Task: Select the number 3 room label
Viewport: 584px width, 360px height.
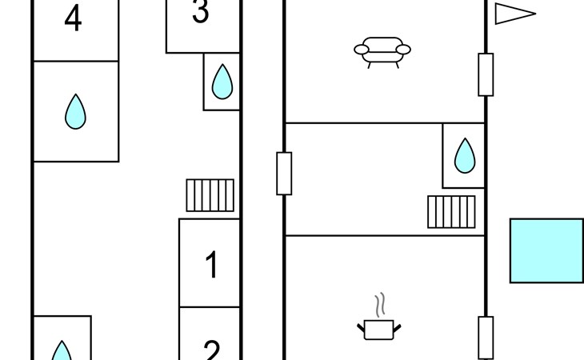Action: (201, 13)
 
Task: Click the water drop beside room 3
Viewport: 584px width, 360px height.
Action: (222, 81)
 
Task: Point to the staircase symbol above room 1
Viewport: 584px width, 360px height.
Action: (210, 195)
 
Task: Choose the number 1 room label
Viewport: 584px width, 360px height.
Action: (211, 265)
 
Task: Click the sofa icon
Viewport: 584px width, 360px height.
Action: (382, 50)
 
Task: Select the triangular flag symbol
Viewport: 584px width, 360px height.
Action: (512, 14)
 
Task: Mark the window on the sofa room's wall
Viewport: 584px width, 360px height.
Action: (486, 74)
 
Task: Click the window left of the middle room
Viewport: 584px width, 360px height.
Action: (284, 173)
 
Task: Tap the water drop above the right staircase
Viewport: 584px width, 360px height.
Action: (465, 155)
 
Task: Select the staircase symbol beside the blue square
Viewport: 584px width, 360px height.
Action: (451, 212)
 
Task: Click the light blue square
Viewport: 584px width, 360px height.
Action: (546, 250)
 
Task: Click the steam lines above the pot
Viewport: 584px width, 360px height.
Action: (381, 305)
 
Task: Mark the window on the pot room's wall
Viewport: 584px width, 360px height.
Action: (486, 338)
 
